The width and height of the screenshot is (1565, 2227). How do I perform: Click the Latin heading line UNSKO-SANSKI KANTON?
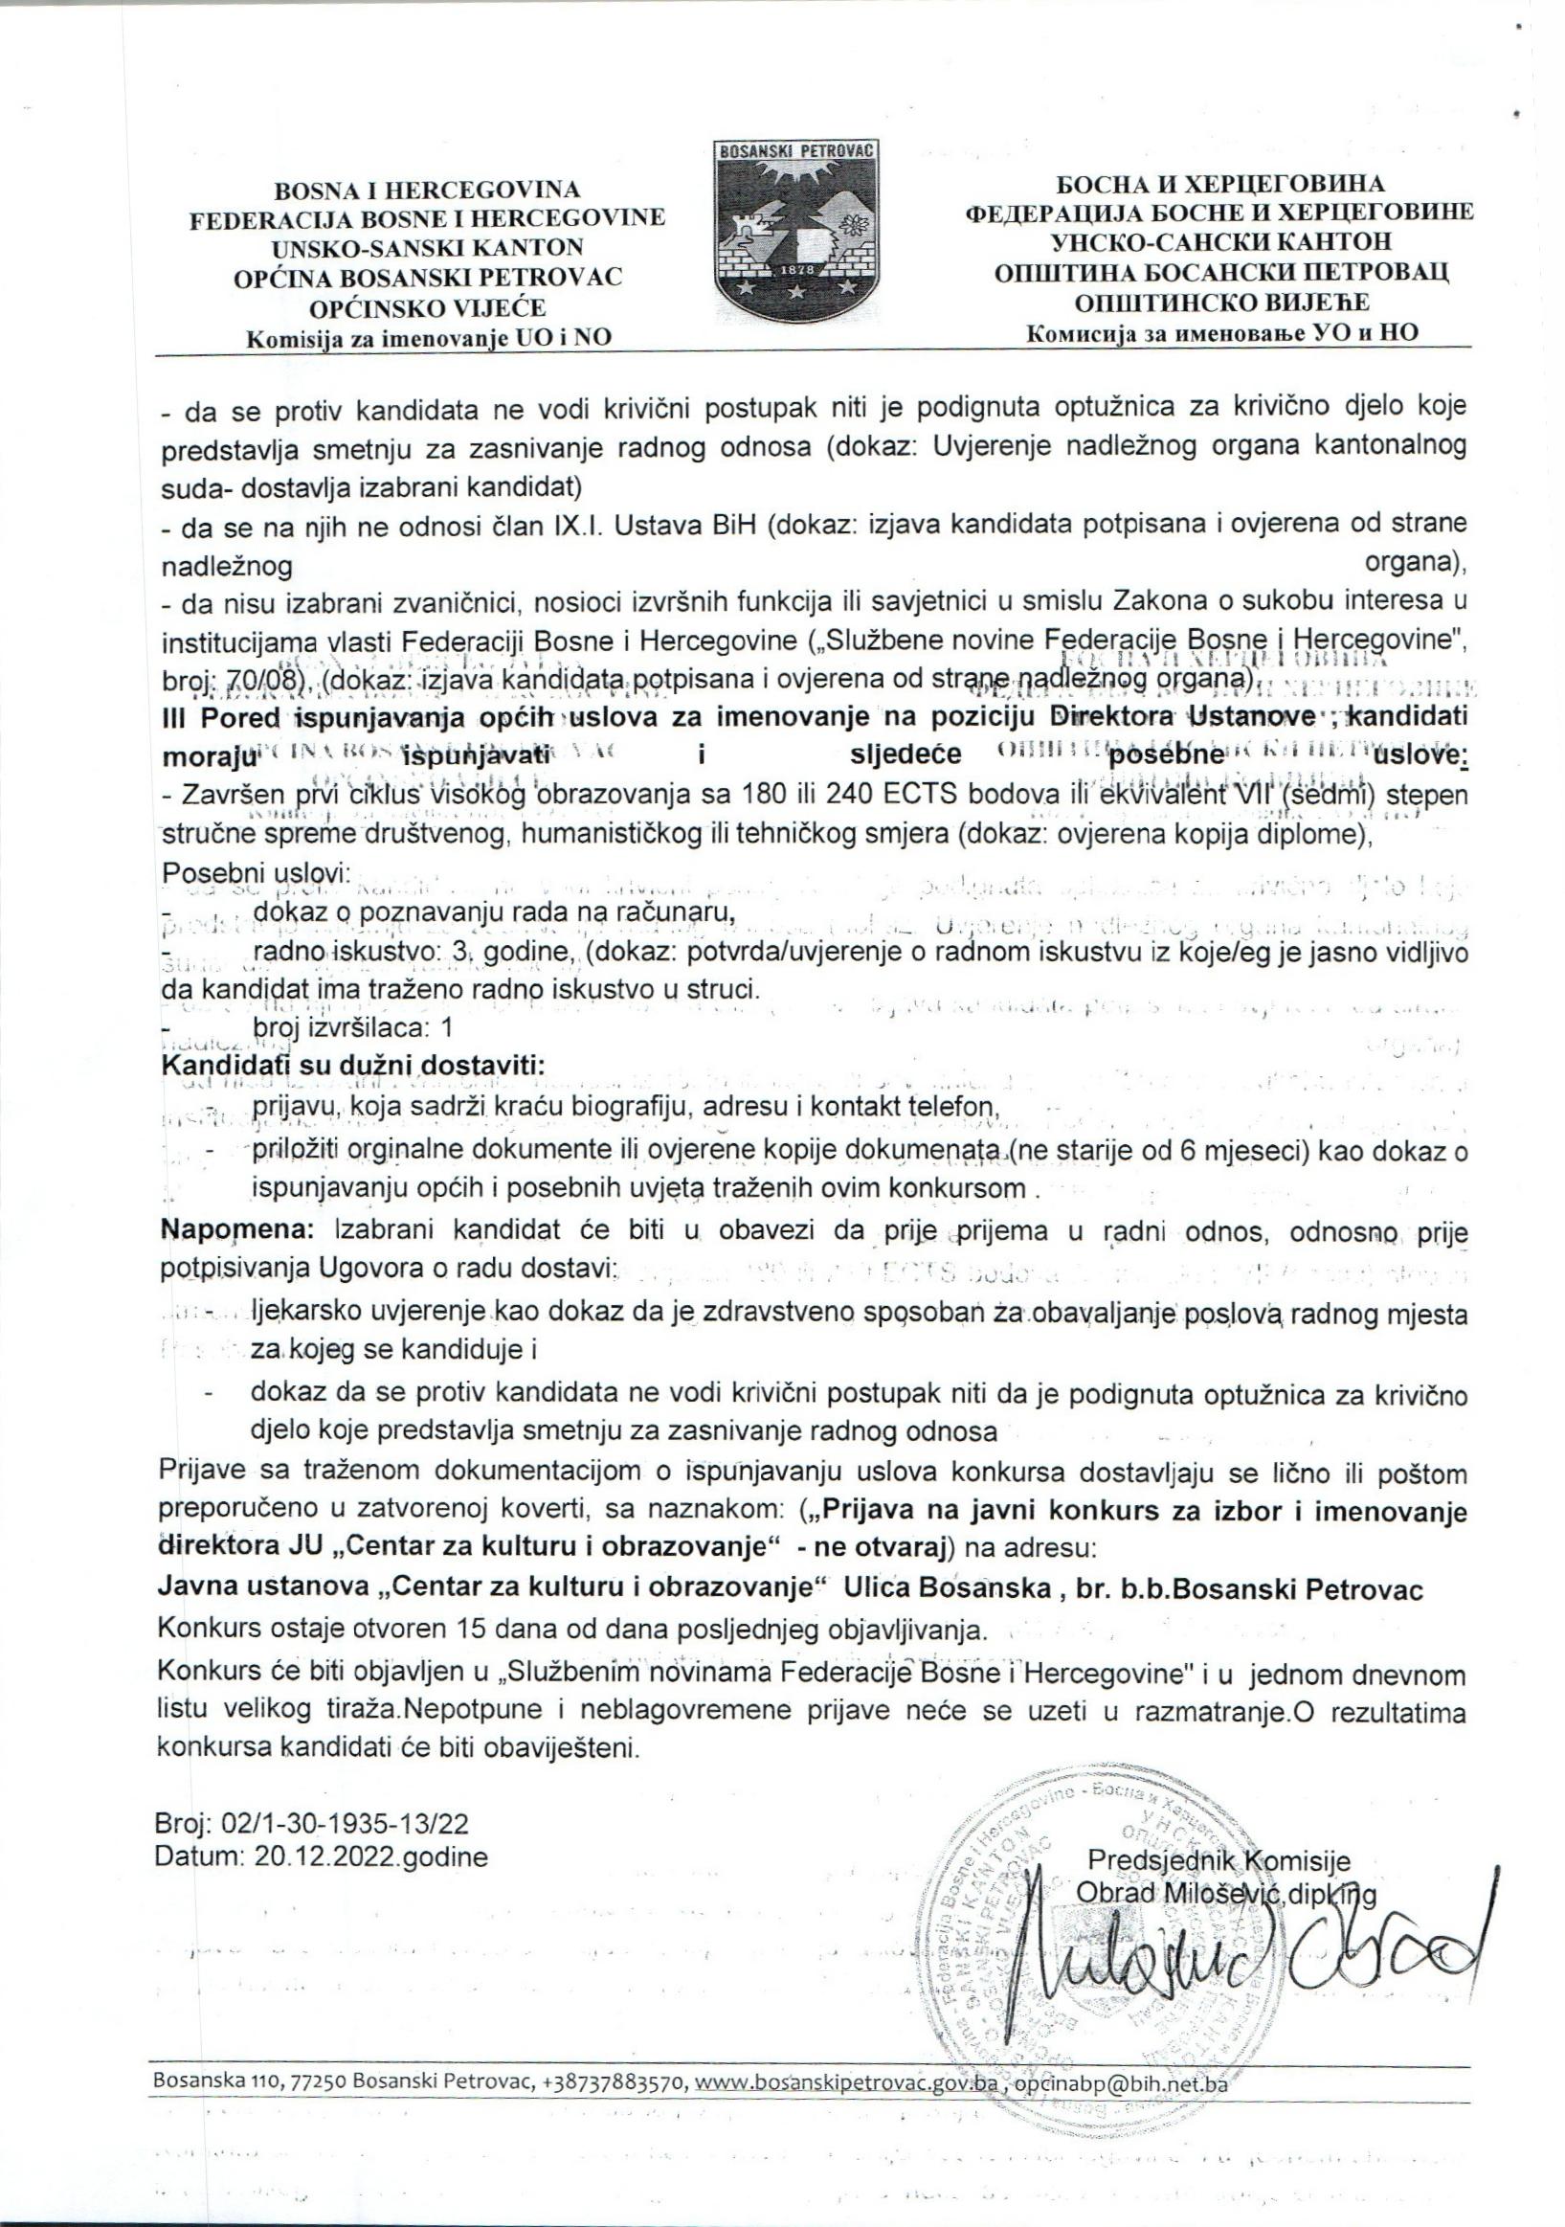click(x=428, y=247)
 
